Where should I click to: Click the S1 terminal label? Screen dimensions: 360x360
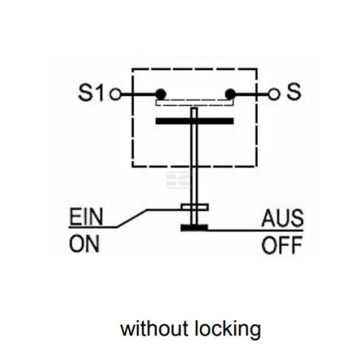point(91,92)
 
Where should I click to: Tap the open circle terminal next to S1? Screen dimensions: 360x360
point(115,94)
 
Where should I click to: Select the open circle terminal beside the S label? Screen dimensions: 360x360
point(274,94)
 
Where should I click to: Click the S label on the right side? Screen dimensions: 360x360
point(294,92)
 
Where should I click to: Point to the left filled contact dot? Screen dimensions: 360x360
point(161,94)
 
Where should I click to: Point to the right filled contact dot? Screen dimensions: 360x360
point(230,94)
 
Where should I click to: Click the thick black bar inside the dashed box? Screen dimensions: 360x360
point(194,121)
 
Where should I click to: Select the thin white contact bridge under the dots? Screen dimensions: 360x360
point(194,103)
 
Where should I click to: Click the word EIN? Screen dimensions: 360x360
point(86,217)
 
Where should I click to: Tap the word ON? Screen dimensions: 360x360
point(84,244)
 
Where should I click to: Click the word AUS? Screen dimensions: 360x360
point(282,218)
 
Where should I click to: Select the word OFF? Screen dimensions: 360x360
point(282,245)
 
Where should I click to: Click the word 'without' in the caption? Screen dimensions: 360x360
point(155,328)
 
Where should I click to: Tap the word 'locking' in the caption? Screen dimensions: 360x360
point(228,329)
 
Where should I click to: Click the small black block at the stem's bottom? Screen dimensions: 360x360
point(194,228)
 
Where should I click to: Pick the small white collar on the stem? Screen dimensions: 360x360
point(194,207)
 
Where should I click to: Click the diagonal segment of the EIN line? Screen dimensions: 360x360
point(131,218)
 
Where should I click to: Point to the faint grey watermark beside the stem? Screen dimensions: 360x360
point(178,180)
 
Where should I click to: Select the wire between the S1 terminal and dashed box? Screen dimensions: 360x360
point(127,94)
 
